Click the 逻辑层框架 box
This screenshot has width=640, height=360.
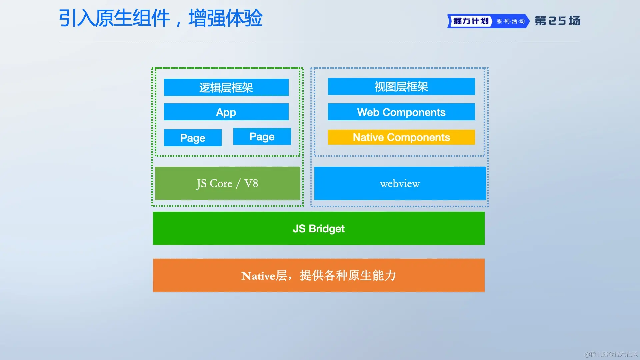pos(226,87)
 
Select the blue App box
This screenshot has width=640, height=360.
pos(226,112)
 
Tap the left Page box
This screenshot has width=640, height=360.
pos(193,138)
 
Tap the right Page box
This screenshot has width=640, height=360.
pos(262,136)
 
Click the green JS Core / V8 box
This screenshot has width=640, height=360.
pos(228,183)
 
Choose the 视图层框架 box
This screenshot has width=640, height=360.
pos(401,87)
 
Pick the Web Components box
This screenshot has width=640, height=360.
pos(401,112)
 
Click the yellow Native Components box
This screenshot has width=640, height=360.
pos(401,137)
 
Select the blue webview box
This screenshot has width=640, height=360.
pos(400,183)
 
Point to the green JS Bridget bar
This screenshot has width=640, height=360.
pos(319,228)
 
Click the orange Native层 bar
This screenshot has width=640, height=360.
pos(319,275)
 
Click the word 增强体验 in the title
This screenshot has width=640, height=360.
pos(226,18)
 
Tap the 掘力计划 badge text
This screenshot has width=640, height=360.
pos(471,21)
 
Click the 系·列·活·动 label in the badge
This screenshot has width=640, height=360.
pos(511,21)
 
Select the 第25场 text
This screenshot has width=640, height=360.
pos(558,21)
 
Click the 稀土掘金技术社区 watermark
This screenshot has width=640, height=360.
pos(611,354)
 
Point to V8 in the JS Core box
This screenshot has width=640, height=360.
pos(251,183)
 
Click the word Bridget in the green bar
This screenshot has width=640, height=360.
pos(327,229)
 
